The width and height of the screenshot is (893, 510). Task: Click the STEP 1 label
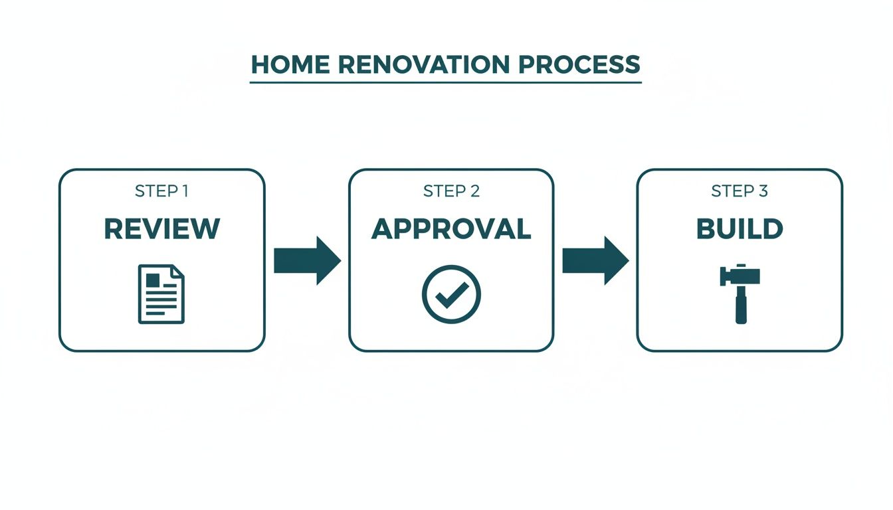pos(161,191)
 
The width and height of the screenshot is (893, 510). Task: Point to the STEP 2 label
pos(451,191)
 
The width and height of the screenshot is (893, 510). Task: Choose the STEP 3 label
pos(740,191)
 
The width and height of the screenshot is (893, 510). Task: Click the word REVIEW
pos(161,229)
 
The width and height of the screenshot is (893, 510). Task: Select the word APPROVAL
pos(451,229)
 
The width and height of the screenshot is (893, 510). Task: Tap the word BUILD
pos(740,229)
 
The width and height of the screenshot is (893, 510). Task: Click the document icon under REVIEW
pos(161,294)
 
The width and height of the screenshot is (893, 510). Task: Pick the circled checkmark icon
pos(451,294)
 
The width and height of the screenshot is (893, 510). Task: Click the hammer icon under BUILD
pos(740,294)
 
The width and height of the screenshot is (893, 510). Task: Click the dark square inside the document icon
pos(153,280)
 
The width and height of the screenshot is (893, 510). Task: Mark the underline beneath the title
pos(446,82)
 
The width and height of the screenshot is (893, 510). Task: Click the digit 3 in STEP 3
pos(763,191)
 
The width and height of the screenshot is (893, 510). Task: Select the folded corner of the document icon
pos(177,272)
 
